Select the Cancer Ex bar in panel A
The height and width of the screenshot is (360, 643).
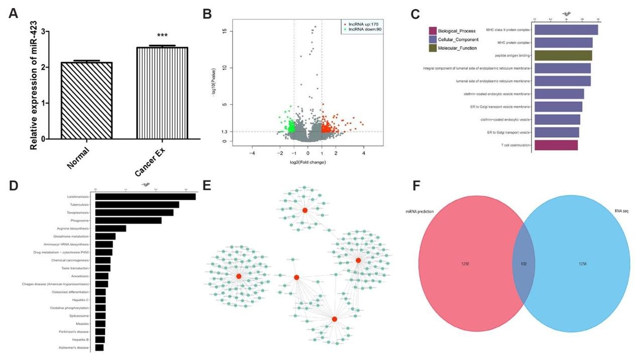[162, 93]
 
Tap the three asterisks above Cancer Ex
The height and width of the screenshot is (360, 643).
[162, 36]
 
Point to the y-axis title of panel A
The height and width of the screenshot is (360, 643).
[34, 85]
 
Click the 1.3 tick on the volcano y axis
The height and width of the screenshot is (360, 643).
[225, 132]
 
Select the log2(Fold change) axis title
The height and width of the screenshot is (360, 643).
[308, 162]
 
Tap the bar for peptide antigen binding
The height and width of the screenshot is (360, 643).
[563, 56]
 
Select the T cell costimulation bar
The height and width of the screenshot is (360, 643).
[556, 145]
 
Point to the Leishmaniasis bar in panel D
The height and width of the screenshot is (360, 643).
[145, 197]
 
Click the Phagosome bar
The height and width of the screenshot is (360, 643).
[128, 220]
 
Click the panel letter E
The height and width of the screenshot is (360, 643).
[207, 185]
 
